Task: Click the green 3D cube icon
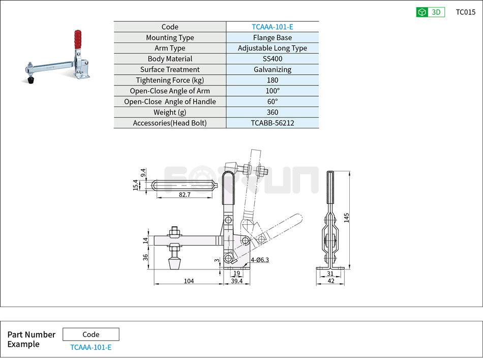click(422, 12)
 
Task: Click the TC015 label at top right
click(465, 12)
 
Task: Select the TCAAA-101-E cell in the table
click(272, 27)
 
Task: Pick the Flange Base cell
click(272, 38)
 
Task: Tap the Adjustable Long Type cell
click(272, 48)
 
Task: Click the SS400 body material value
click(272, 59)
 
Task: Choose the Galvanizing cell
click(272, 70)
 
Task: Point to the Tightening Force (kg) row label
click(170, 80)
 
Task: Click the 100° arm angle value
click(272, 91)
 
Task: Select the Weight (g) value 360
click(272, 112)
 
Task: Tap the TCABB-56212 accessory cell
click(272, 123)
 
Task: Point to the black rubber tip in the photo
click(32, 80)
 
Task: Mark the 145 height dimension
click(346, 218)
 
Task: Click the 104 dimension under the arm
click(189, 281)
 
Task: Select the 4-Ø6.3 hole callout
click(259, 260)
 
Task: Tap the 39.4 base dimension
click(236, 281)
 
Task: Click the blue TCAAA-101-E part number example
click(90, 348)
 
